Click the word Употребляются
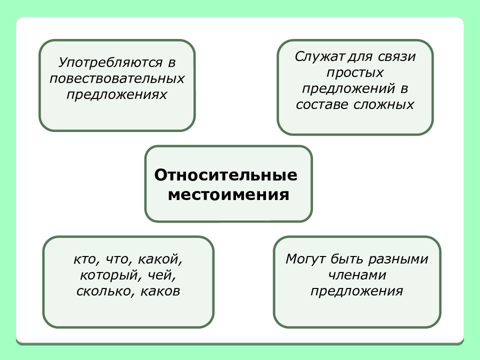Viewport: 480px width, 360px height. [110, 63]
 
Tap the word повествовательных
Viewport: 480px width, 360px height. [117, 78]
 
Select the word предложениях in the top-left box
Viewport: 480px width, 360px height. [116, 95]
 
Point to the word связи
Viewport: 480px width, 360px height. [396, 57]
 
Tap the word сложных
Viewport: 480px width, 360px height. [383, 104]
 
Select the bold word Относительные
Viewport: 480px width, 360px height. [226, 175]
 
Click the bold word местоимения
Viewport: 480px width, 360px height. [228, 194]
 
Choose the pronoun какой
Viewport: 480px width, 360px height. [160, 259]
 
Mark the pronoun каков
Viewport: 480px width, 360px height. [160, 291]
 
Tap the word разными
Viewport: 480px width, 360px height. [398, 259]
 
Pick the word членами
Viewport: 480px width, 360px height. [357, 275]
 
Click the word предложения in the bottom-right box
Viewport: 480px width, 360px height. [356, 291]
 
